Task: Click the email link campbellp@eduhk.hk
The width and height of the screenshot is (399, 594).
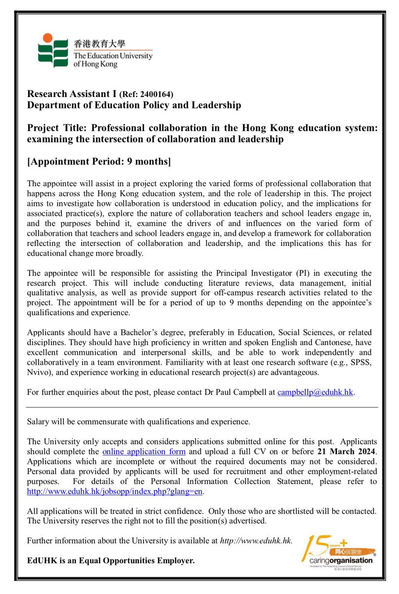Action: click(315, 393)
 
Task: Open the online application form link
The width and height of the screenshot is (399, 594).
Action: click(144, 451)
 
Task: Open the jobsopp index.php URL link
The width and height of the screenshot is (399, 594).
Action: click(115, 492)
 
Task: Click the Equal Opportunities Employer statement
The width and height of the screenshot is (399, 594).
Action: click(111, 561)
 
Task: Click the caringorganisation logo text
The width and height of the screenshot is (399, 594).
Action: click(336, 560)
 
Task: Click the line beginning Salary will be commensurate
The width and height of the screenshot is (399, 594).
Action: click(139, 422)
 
